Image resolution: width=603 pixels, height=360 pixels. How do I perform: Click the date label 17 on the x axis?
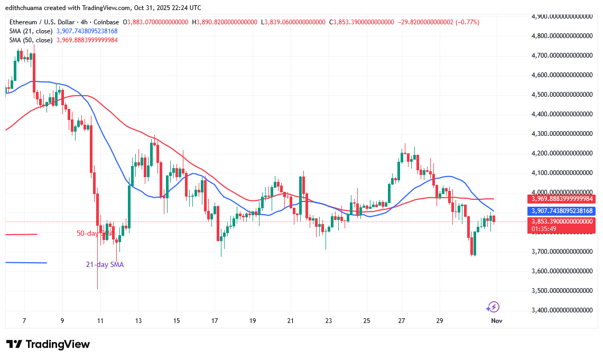coord(215,321)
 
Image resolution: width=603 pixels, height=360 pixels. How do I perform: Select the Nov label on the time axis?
coord(496,321)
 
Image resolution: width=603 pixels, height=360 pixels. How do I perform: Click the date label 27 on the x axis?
coord(402,321)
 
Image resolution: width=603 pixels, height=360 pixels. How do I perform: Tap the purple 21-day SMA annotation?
coord(105,264)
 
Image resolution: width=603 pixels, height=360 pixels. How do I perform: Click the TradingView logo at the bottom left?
coord(48,344)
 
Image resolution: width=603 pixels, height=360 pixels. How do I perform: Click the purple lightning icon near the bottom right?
coord(493,307)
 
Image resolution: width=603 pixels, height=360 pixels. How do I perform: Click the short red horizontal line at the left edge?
coord(21,234)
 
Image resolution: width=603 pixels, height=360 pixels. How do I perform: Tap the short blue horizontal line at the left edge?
coord(26,263)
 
